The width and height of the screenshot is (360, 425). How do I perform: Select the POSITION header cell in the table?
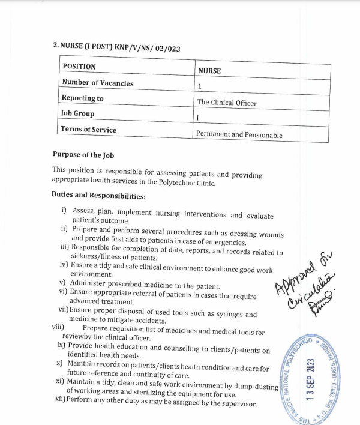pos(79,66)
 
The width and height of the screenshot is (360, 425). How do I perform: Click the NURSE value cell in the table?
pos(209,71)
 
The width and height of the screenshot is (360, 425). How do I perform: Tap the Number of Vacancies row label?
pos(97,83)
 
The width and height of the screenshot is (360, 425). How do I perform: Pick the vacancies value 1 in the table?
pos(199,86)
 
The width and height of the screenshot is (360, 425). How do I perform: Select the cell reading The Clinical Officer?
pos(227,103)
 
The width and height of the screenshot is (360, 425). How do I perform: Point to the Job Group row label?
pos(77,113)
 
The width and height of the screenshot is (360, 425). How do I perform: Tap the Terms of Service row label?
pos(89,129)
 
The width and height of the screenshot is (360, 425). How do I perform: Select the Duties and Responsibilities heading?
pos(98,195)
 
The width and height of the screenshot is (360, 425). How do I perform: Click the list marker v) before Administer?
pos(62,282)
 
